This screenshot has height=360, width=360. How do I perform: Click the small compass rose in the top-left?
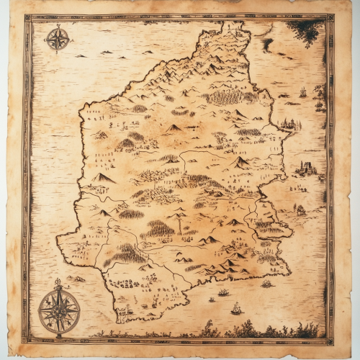coord(57,38)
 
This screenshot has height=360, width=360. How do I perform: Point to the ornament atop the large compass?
coord(58,283)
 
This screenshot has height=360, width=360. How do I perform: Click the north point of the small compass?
coord(57,27)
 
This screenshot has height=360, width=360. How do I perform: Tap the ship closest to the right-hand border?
coord(318,105)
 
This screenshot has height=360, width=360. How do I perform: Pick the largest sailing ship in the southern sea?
coord(236,309)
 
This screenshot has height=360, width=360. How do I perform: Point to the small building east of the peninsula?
coord(300,210)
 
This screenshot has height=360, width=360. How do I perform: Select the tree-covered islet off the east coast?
coord(289,124)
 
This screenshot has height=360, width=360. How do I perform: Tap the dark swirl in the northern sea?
coord(268,45)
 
